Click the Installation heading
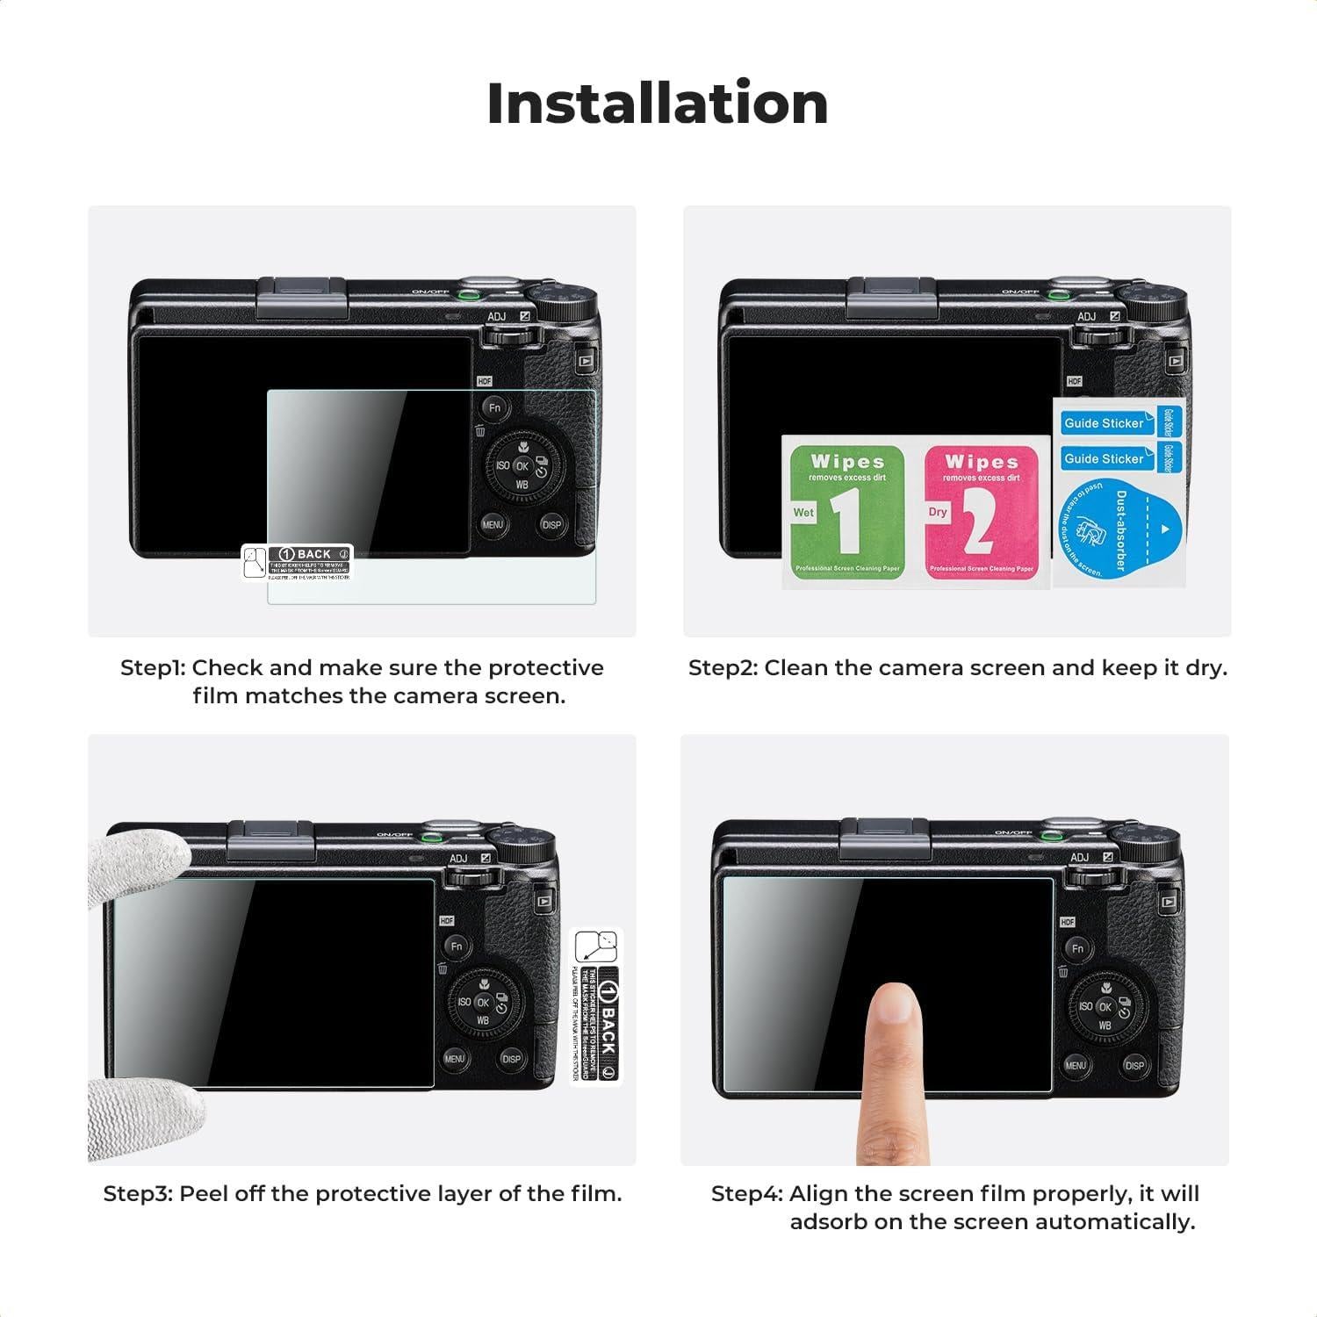click(x=657, y=104)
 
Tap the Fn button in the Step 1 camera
click(x=495, y=407)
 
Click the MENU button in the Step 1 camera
click(x=493, y=525)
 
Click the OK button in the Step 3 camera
click(x=483, y=1003)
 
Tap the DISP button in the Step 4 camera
click(x=1133, y=1066)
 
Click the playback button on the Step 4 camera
click(x=1168, y=901)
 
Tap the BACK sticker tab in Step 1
click(x=299, y=562)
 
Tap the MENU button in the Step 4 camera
click(x=1076, y=1065)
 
